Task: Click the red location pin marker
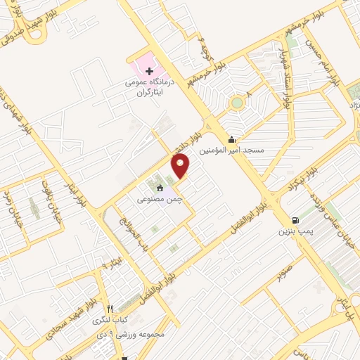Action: click(x=181, y=166)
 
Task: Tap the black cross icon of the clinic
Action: click(x=149, y=72)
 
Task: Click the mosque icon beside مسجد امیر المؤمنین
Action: click(x=233, y=139)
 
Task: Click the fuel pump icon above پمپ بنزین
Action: click(x=294, y=219)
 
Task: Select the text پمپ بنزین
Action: click(x=293, y=231)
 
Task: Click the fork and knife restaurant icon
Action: click(x=109, y=309)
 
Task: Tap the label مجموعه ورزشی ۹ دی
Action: click(x=133, y=335)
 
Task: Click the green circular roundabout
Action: click(x=236, y=103)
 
